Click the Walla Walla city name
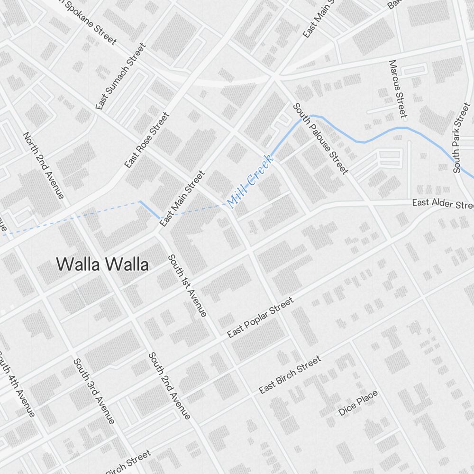click(102, 264)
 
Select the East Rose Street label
click(146, 140)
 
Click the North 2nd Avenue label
click(43, 165)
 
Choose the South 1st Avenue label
click(187, 285)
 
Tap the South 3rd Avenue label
click(94, 391)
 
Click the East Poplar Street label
click(260, 318)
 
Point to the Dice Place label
click(358, 403)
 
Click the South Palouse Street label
click(320, 138)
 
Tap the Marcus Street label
click(398, 89)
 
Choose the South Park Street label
click(461, 137)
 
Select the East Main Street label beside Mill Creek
click(182, 199)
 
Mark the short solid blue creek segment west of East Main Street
click(150, 210)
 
